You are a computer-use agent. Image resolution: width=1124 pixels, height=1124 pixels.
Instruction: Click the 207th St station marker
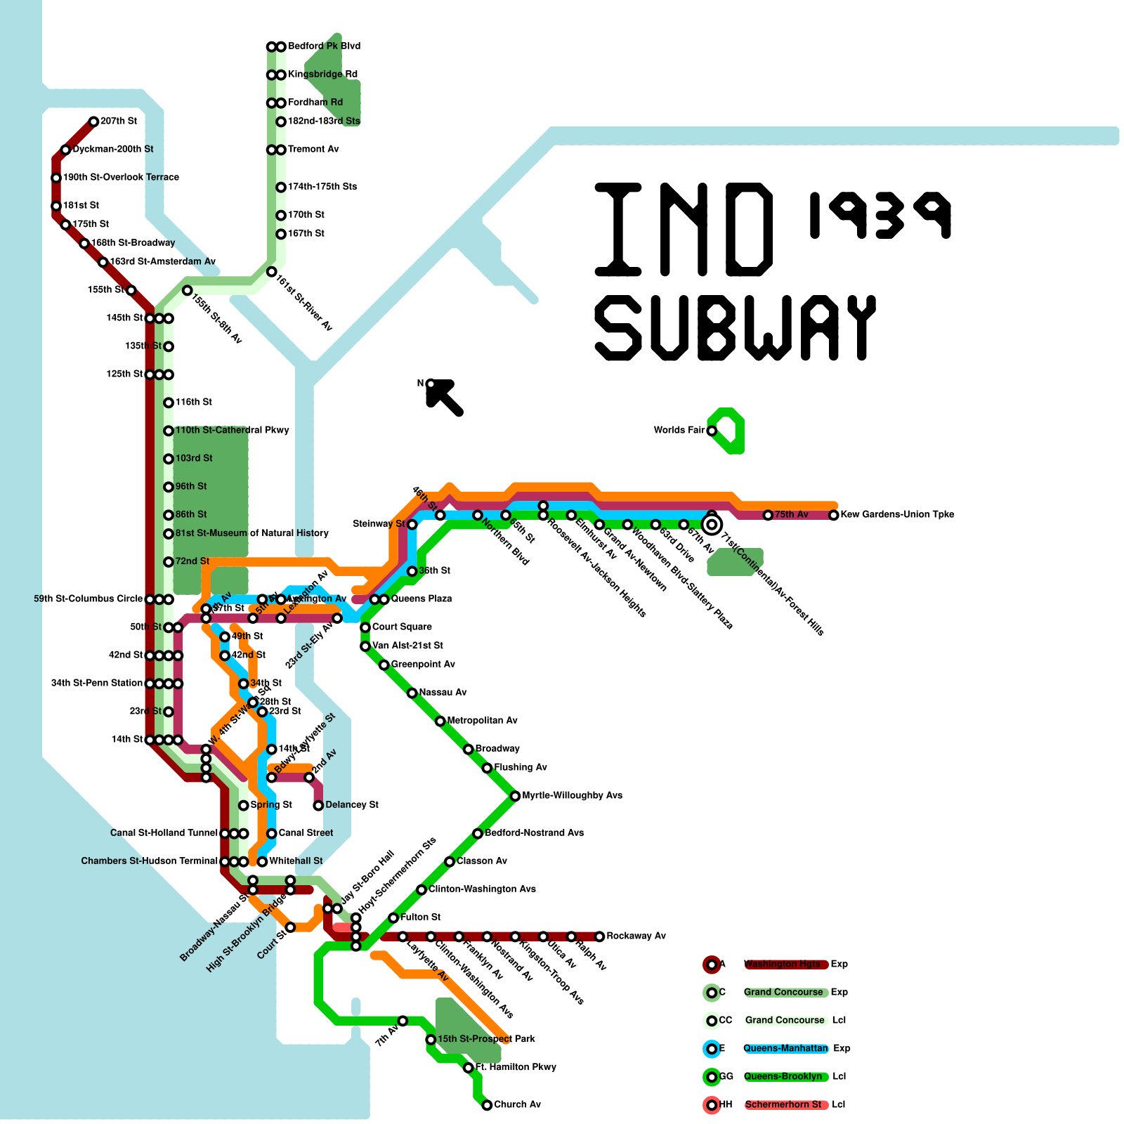click(93, 122)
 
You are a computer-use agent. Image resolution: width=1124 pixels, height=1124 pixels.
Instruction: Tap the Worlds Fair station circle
click(712, 431)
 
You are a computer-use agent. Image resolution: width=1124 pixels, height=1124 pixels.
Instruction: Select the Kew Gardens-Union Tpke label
click(897, 514)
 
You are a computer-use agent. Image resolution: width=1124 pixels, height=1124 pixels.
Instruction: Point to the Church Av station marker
click(487, 1105)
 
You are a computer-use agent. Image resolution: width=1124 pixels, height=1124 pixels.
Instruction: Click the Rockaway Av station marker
click(599, 936)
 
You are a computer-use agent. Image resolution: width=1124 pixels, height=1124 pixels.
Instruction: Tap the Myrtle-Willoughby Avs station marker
click(515, 796)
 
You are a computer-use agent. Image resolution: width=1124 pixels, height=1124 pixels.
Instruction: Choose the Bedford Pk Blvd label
click(324, 46)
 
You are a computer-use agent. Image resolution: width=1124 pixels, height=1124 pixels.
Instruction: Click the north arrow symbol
click(444, 398)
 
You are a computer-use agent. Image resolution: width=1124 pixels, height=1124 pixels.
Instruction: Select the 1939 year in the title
click(880, 215)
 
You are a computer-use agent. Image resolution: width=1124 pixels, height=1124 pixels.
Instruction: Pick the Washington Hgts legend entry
click(782, 965)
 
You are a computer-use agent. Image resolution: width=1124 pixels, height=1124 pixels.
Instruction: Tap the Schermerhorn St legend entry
click(783, 1105)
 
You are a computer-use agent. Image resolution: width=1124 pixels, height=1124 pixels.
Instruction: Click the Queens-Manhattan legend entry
click(785, 1049)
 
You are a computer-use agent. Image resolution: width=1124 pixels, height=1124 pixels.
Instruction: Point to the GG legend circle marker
click(712, 1077)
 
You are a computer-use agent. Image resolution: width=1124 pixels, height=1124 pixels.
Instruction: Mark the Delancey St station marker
click(318, 805)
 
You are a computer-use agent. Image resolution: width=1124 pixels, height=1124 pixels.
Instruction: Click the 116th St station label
click(193, 403)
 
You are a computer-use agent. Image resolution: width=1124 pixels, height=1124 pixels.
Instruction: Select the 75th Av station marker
click(768, 515)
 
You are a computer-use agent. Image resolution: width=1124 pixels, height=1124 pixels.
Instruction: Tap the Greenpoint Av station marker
click(384, 665)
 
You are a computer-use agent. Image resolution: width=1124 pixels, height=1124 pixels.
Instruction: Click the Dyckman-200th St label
click(112, 150)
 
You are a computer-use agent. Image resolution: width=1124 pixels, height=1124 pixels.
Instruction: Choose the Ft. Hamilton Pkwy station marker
click(469, 1068)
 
